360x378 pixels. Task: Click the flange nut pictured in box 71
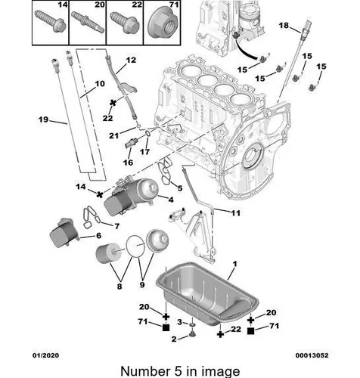click(x=162, y=25)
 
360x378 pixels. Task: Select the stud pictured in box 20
click(x=88, y=22)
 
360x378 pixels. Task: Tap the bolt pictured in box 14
click(x=51, y=21)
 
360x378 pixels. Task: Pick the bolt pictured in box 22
click(x=125, y=23)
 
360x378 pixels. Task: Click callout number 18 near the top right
click(x=284, y=25)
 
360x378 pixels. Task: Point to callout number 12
click(x=131, y=60)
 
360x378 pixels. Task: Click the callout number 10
click(x=100, y=83)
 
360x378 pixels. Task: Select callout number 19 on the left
click(x=43, y=119)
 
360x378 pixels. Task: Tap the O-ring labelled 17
click(x=147, y=133)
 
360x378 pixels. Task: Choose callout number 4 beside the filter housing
click(x=171, y=200)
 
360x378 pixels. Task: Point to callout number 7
click(x=117, y=226)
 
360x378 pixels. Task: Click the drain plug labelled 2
click(x=193, y=335)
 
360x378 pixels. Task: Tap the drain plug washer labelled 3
click(x=193, y=324)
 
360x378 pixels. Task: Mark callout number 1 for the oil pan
click(x=235, y=264)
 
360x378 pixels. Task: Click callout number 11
click(x=236, y=213)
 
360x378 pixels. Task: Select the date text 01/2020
click(x=46, y=355)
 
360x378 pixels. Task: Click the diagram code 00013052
click(x=312, y=355)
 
